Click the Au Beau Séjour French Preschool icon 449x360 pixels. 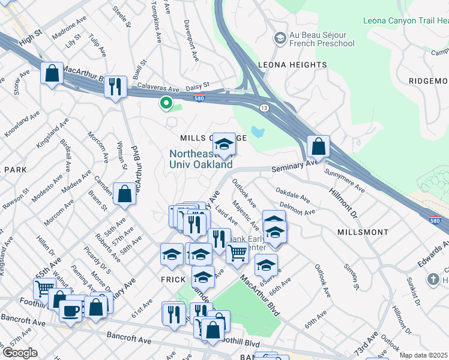click(x=280, y=39)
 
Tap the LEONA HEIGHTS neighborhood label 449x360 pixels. click(x=292, y=65)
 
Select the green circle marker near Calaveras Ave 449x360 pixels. click(x=165, y=103)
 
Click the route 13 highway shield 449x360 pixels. click(x=264, y=107)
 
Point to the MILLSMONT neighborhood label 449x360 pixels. click(x=363, y=231)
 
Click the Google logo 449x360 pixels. click(x=20, y=353)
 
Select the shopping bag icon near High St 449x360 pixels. click(x=52, y=74)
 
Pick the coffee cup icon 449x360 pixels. click(x=71, y=310)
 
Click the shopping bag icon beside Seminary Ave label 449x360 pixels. click(x=318, y=146)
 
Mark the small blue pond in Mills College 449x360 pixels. click(x=259, y=131)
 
